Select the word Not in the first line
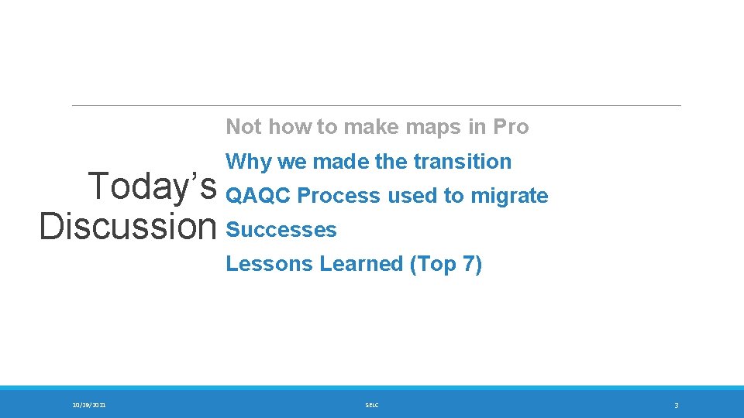243,127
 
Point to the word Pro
510,127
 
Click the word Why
246,162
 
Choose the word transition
465,162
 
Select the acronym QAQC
257,196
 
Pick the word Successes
281,230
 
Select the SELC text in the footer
371,405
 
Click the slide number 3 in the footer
676,405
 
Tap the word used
412,196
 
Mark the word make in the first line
368,127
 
